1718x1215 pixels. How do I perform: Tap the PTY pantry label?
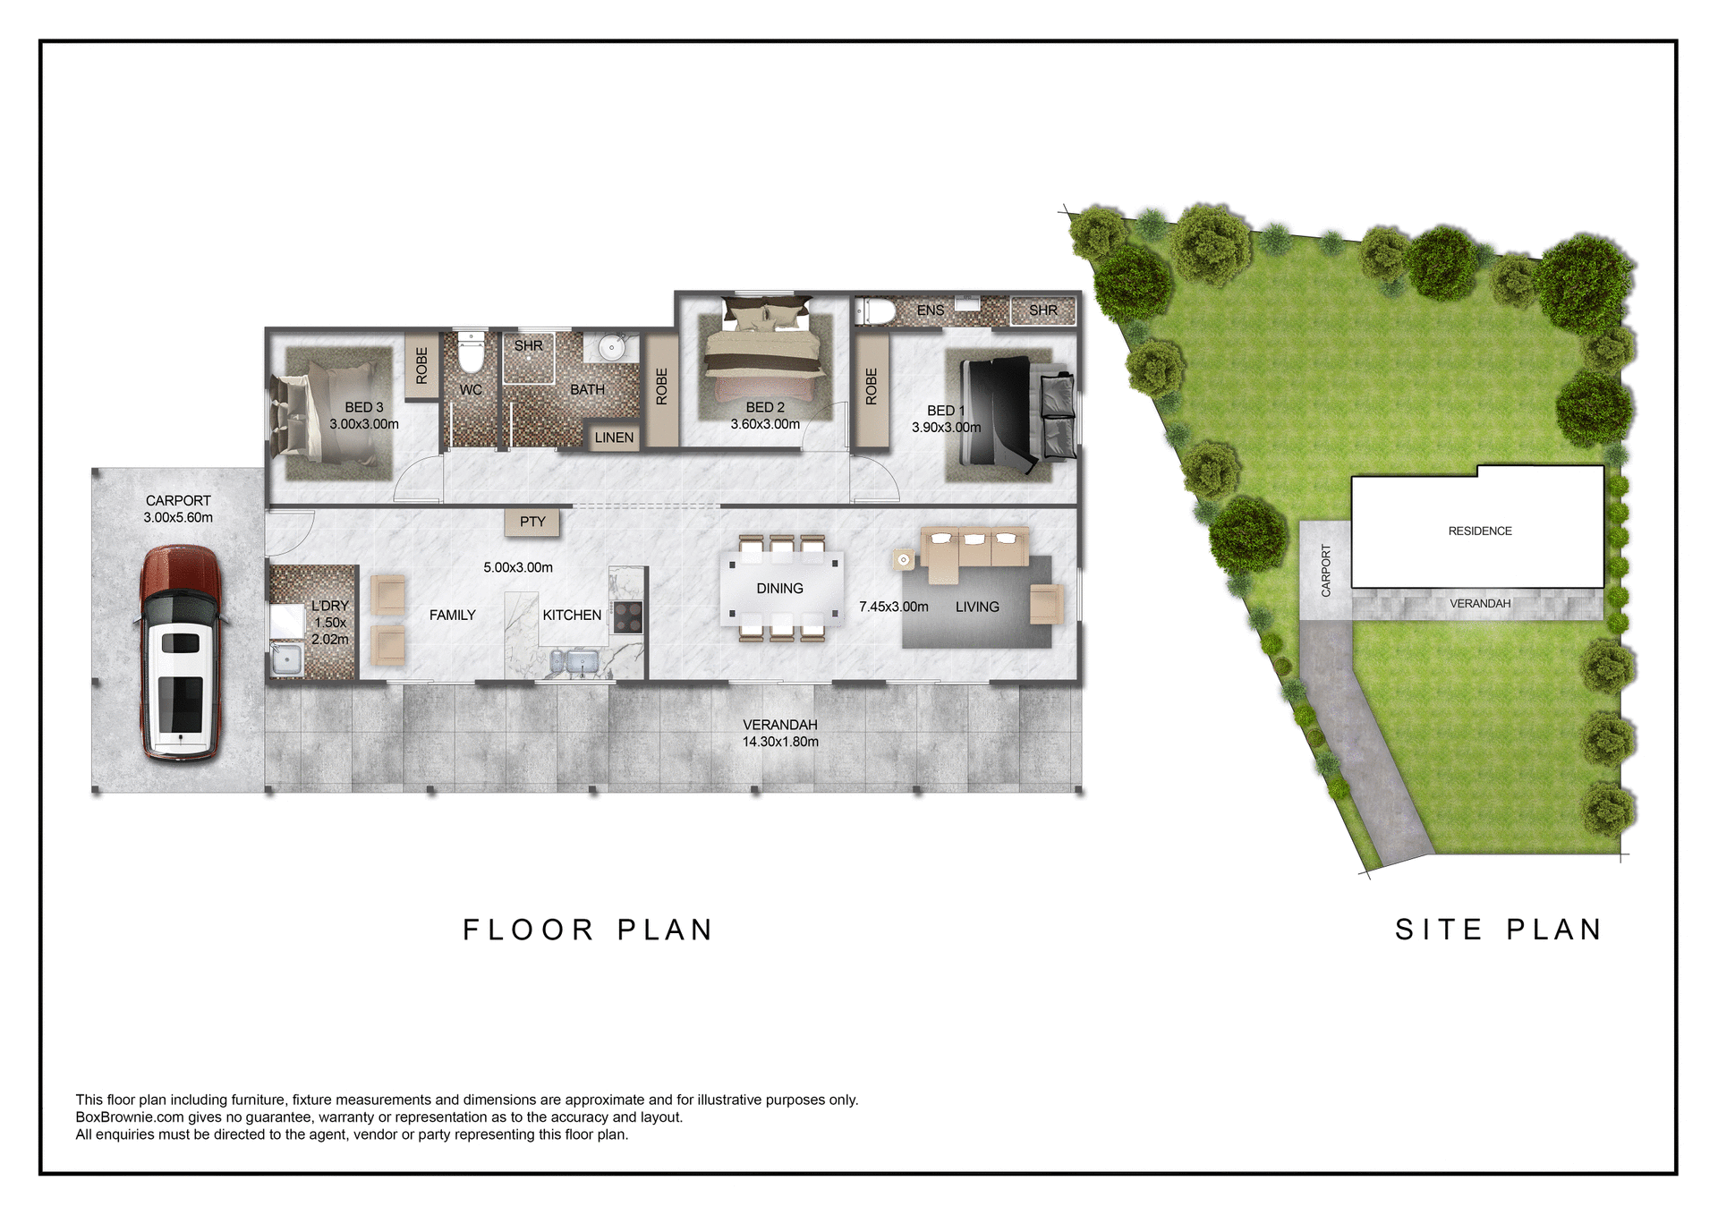coord(532,522)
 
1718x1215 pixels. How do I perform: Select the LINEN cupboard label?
coord(614,438)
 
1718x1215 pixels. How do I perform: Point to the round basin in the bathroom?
coord(612,347)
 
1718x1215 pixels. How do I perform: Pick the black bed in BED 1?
coord(995,411)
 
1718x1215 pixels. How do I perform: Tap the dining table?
coord(780,589)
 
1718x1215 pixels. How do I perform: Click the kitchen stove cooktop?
coord(627,617)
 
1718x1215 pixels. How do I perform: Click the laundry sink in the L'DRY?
coord(286,659)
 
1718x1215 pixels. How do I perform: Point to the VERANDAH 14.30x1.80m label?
coord(780,733)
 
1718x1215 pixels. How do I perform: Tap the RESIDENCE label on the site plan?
coord(1480,531)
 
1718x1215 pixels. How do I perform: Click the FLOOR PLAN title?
coord(588,930)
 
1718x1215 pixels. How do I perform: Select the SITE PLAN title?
coord(1499,930)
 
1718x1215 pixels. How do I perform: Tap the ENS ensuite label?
coord(931,310)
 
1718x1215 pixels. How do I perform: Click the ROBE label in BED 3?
coord(421,366)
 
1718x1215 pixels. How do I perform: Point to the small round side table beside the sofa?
coord(904,560)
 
